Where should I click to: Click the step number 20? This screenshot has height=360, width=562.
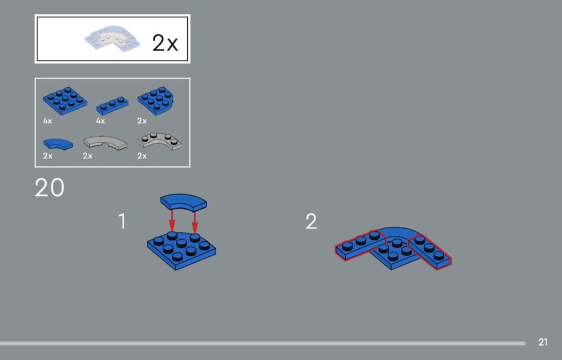pos(49,187)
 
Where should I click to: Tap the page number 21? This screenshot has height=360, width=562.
pos(543,342)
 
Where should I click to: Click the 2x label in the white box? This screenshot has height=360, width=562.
pos(165,43)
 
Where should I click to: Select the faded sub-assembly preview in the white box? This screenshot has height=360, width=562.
pos(112,39)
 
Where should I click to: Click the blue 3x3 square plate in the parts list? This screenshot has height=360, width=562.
pos(65,101)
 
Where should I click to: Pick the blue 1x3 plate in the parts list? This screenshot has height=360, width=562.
pos(112,105)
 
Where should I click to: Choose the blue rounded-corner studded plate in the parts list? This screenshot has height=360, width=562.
pos(156,101)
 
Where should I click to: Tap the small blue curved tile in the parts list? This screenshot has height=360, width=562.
pos(58,144)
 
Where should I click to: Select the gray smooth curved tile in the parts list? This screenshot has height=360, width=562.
pos(105,143)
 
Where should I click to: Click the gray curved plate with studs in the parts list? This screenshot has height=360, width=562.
pos(160,142)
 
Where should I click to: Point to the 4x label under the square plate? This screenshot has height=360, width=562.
pos(47,121)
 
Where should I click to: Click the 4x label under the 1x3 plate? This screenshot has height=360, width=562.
pos(101,121)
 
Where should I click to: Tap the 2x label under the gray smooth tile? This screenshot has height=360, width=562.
pos(87,156)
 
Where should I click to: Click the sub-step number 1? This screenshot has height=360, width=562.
pos(122,221)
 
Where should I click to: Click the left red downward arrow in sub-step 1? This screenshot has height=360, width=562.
pos(172,221)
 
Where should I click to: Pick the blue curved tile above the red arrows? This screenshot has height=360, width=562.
pos(184,202)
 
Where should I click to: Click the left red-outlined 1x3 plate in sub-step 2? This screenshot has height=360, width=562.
pos(360,245)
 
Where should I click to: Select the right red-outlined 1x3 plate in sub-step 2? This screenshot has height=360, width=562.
pos(430,251)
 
